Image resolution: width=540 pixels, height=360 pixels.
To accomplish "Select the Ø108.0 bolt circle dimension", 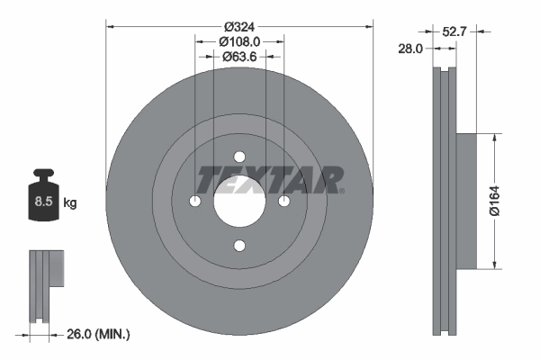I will point(239,40).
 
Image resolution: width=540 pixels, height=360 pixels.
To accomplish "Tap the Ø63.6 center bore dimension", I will point(239,57).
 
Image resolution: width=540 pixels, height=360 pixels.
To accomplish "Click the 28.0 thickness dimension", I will point(410,49).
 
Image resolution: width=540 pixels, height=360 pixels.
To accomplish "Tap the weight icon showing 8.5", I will point(43,200).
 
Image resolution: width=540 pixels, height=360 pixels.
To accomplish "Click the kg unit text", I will point(70,202).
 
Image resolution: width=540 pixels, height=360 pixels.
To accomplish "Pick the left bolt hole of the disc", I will point(195,201).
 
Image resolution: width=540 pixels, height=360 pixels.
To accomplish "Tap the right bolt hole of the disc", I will point(283,201).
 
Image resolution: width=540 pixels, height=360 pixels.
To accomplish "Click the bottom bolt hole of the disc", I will point(239,245).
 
